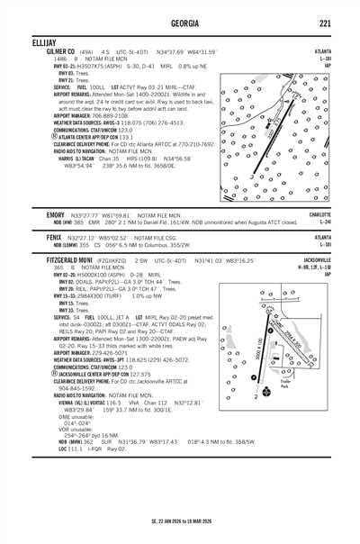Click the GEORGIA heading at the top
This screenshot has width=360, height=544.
180,23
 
